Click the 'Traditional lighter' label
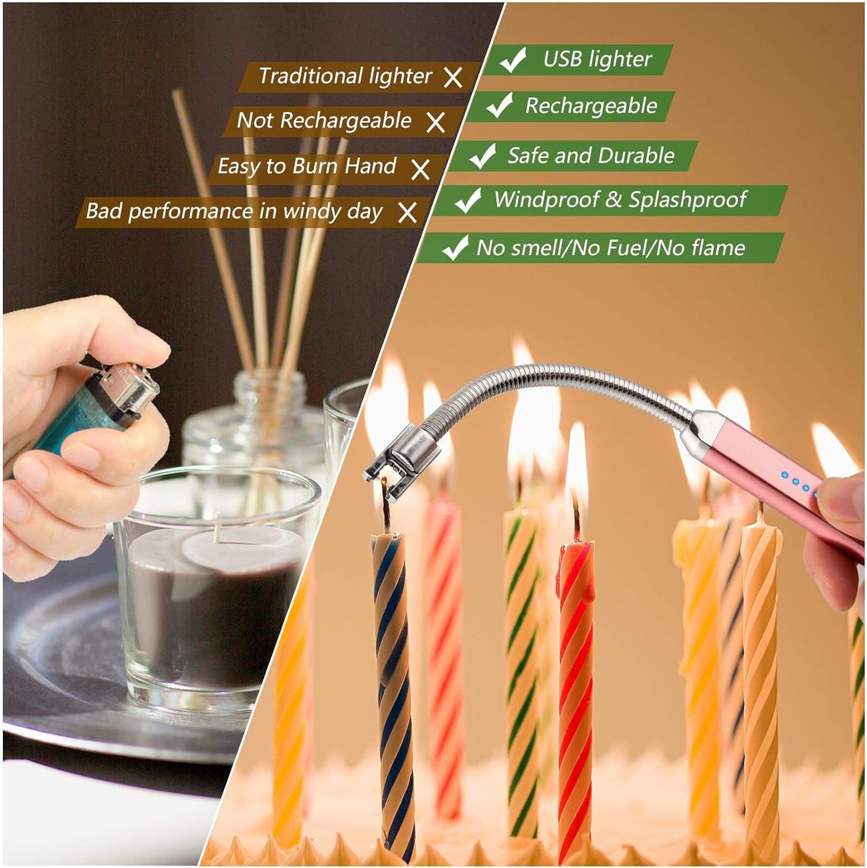(x=345, y=76)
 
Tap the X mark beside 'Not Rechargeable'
(x=436, y=122)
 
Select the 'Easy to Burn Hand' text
(x=307, y=166)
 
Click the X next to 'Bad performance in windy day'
(x=407, y=212)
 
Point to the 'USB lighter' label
(x=597, y=59)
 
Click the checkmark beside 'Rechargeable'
(x=499, y=106)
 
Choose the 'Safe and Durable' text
(x=591, y=156)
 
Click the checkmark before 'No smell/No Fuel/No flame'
(x=455, y=247)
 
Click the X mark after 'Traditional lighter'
(x=453, y=77)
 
